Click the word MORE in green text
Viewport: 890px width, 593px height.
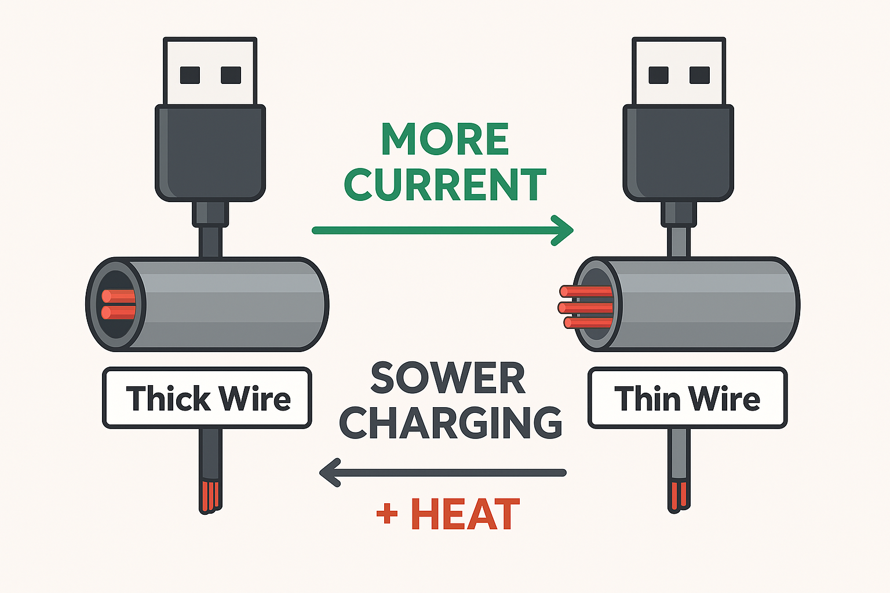click(x=444, y=139)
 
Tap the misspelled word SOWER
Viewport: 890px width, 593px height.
click(x=447, y=379)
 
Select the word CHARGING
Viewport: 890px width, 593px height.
click(x=450, y=423)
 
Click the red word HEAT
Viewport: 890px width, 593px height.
click(x=465, y=514)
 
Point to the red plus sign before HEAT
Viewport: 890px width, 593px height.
click(x=387, y=513)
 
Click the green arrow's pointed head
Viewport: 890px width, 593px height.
click(x=564, y=230)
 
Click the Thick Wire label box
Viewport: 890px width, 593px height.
click(x=207, y=398)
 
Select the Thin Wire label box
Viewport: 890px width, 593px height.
click(x=687, y=398)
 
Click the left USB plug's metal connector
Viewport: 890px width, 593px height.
click(x=210, y=72)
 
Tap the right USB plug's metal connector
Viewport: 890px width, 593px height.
click(x=679, y=72)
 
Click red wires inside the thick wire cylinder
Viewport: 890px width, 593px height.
click(x=119, y=305)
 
